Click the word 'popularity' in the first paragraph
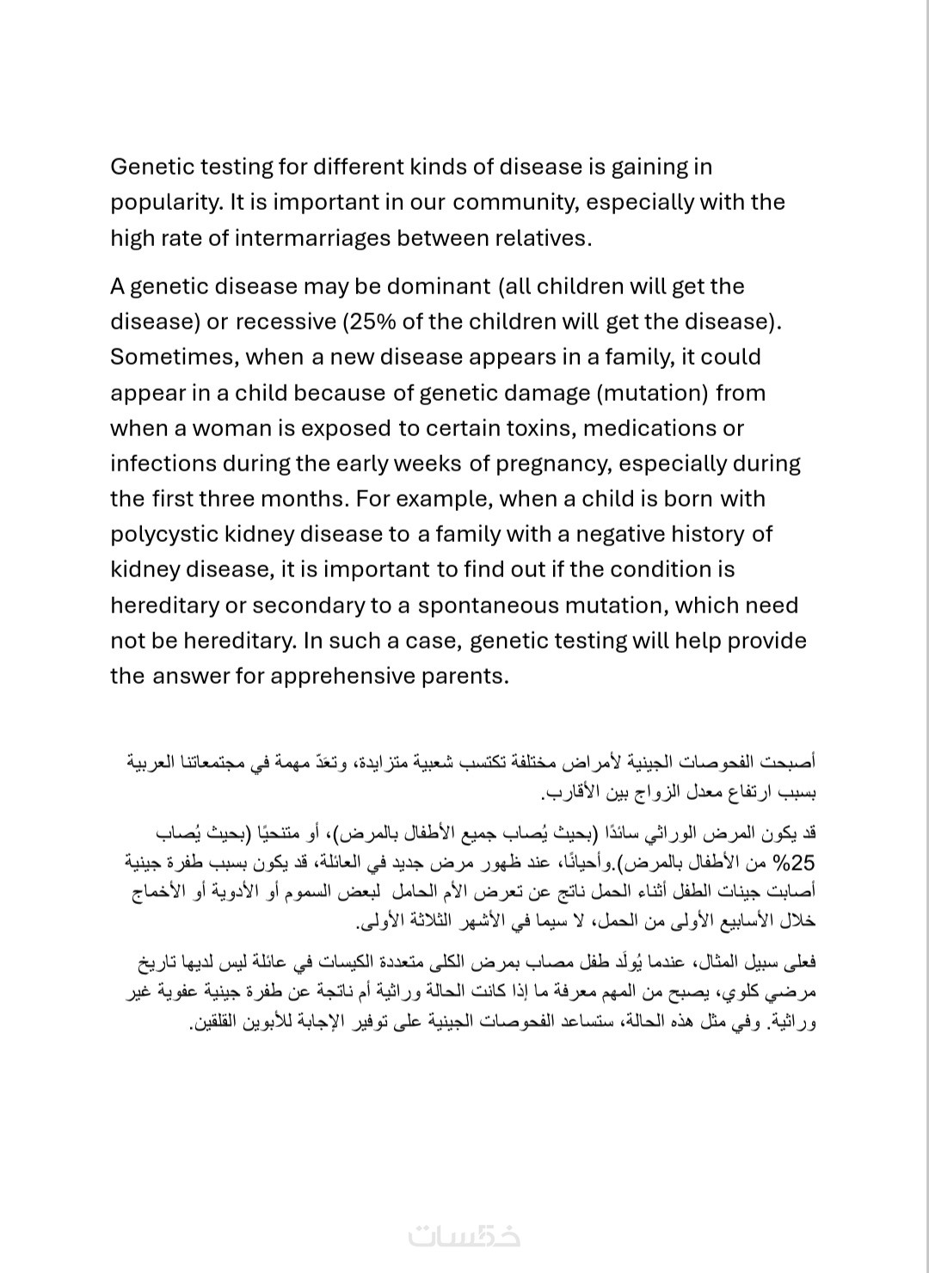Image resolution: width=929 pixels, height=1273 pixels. click(x=164, y=203)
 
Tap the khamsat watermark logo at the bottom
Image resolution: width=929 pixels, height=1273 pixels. click(x=464, y=1235)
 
